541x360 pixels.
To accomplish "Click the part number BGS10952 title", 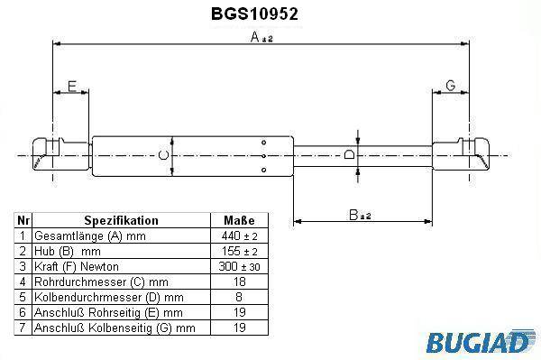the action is click(x=254, y=14).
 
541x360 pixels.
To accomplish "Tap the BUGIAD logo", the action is click(x=478, y=342).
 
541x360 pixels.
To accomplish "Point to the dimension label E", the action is click(x=72, y=87).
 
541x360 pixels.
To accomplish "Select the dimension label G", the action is click(x=451, y=85).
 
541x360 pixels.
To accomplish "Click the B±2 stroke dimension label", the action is click(x=360, y=215).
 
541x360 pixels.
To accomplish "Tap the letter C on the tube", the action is click(x=163, y=155).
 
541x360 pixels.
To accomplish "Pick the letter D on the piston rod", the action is click(x=349, y=154).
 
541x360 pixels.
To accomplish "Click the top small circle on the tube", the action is click(x=263, y=143).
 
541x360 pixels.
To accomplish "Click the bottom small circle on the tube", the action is click(x=263, y=170).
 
